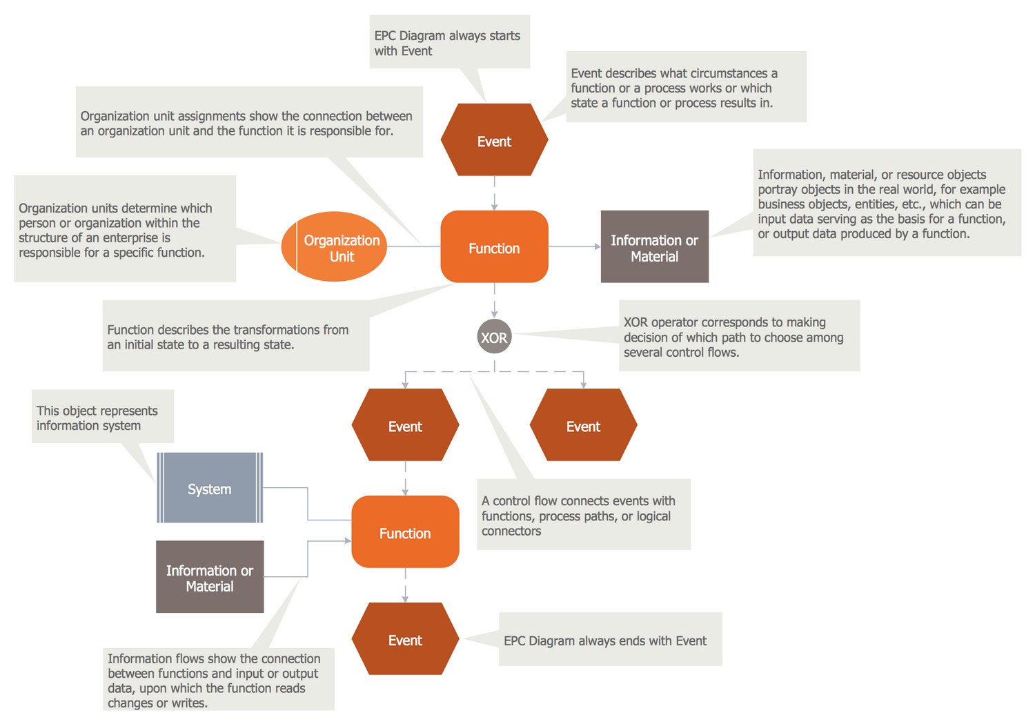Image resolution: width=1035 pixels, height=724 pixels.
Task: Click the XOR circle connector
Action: (494, 337)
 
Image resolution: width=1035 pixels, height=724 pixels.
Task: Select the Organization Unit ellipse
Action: (334, 247)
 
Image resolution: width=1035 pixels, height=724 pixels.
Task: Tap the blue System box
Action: (210, 488)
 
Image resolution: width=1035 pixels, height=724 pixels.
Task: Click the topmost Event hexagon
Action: (494, 140)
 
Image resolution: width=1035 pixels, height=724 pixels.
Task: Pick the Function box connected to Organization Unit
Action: (494, 247)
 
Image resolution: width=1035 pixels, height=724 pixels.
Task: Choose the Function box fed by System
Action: (405, 532)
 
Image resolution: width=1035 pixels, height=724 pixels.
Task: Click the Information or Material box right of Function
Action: (654, 247)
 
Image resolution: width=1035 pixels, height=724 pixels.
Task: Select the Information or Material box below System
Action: (210, 577)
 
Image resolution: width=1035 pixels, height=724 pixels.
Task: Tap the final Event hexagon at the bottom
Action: (405, 639)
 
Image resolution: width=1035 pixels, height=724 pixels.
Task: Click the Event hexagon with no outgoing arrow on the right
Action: (583, 425)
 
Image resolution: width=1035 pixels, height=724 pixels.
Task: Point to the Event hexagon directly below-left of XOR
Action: (405, 425)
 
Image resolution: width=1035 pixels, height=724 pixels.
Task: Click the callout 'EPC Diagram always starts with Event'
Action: (449, 43)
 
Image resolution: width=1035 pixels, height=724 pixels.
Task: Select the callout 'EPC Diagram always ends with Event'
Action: (610, 640)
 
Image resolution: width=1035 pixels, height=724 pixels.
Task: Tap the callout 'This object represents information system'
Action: (103, 418)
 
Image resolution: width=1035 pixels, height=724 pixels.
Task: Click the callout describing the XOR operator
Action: (739, 336)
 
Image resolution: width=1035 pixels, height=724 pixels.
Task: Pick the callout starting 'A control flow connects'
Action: (584, 515)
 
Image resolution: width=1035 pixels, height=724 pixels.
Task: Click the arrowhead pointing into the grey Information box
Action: (598, 246)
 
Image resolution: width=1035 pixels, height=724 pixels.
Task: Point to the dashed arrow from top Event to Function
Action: (494, 193)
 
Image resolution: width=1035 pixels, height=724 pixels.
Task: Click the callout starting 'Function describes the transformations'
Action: (235, 336)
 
